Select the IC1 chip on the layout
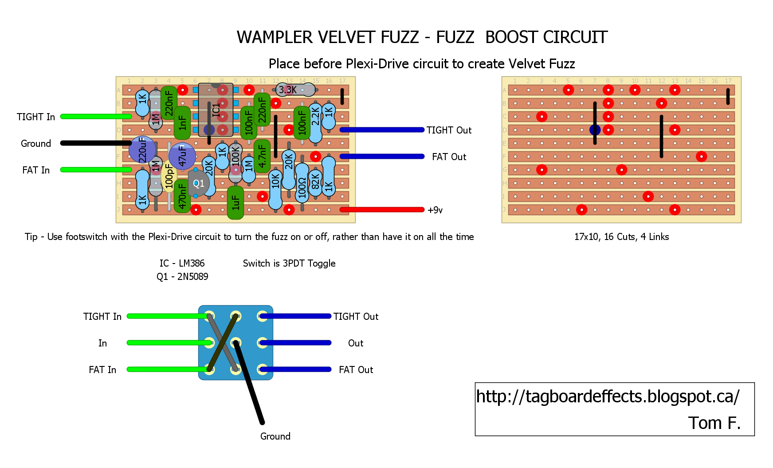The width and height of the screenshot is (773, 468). tap(216, 110)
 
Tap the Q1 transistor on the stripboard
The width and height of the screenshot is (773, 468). tap(198, 183)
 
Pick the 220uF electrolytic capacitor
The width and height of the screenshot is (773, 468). tap(142, 149)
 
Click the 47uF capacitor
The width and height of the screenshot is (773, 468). tap(182, 156)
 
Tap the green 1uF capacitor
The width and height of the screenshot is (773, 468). tap(235, 203)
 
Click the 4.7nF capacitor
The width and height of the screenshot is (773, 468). tap(262, 156)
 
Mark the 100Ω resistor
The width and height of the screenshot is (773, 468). tap(302, 183)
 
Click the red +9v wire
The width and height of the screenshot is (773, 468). tap(382, 210)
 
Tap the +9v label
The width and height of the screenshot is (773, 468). tap(435, 210)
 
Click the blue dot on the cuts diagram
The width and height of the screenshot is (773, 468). tap(595, 130)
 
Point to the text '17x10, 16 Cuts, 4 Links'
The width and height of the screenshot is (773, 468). tap(621, 237)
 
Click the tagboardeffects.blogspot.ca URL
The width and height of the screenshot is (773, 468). tap(608, 397)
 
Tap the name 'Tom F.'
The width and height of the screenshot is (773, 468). tap(714, 423)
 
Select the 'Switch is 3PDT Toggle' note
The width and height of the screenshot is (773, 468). tap(289, 263)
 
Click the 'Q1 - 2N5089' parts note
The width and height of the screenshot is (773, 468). tap(182, 277)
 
